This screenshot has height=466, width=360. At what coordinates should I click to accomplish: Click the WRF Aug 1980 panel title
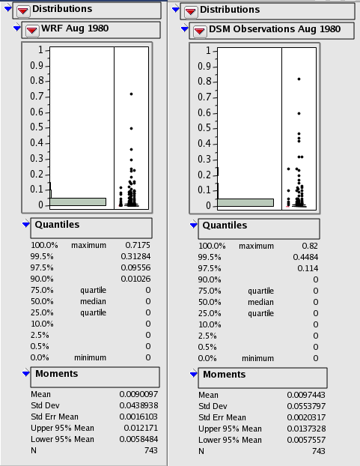click(75, 28)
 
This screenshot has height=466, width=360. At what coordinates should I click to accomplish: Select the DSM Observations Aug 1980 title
click(275, 29)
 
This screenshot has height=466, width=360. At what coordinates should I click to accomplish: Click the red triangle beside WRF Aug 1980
click(31, 30)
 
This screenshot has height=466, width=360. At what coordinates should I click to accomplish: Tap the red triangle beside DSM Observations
click(199, 31)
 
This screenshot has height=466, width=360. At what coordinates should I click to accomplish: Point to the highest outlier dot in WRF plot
click(131, 94)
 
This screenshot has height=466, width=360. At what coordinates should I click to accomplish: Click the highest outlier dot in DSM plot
click(299, 79)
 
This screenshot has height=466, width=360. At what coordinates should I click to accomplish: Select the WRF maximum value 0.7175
click(138, 245)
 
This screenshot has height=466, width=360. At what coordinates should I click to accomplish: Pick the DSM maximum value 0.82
click(310, 246)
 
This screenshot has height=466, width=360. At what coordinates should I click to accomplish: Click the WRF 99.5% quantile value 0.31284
click(135, 256)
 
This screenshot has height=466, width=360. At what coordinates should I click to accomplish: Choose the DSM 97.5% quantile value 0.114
click(308, 268)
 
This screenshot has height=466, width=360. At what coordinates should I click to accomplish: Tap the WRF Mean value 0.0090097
click(138, 394)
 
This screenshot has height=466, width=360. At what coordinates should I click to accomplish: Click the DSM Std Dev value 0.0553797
click(306, 406)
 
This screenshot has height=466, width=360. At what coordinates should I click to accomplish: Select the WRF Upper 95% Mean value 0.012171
click(141, 428)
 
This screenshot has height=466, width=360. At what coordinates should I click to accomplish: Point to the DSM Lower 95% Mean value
click(306, 440)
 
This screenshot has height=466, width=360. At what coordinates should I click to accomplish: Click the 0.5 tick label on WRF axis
click(37, 127)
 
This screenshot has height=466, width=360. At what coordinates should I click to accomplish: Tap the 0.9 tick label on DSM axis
click(204, 66)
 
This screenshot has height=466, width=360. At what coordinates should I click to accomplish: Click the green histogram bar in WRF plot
click(78, 202)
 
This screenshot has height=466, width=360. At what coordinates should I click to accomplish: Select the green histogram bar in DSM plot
click(245, 202)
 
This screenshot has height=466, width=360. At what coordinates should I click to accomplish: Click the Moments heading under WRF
click(57, 374)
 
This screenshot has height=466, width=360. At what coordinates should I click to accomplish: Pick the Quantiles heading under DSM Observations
click(225, 226)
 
